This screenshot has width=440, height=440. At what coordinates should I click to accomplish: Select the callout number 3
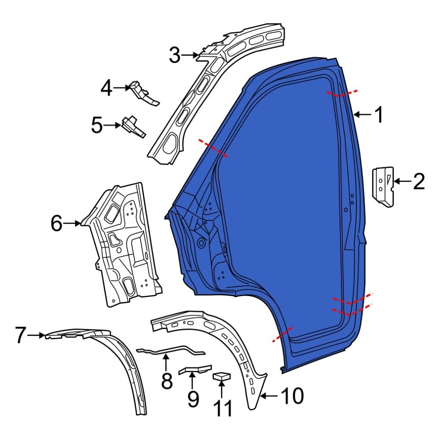coord(175,55)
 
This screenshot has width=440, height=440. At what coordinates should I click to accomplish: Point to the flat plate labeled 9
coord(194,369)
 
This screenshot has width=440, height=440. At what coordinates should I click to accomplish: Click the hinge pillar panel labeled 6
coord(123,246)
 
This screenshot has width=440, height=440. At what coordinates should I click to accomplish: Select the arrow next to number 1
coord(362,115)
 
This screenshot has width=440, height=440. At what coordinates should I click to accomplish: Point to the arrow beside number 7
coord(37,335)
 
